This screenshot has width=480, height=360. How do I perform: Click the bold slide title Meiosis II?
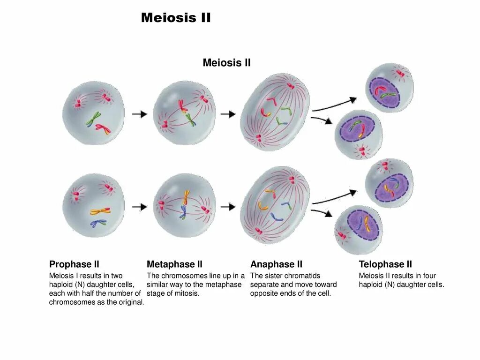pos(176,18)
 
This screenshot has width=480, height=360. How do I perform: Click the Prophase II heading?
pos(74,264)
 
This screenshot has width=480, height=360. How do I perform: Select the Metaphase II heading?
pos(174,264)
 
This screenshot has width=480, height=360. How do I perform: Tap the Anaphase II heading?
pos(276,264)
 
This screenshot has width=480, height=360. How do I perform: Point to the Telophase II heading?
pos(385,264)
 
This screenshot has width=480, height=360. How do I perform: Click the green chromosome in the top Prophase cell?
pos(94,119)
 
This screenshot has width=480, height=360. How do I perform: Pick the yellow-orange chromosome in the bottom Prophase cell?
pos(100,211)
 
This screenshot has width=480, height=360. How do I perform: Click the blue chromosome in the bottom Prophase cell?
pos(98,223)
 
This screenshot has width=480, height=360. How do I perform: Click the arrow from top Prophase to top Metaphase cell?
pos(139,114)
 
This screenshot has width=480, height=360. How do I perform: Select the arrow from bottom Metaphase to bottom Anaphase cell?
pos(228,206)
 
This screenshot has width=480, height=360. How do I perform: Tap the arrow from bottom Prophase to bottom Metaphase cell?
pos(139,206)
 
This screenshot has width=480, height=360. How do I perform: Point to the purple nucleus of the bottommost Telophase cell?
pos(362,225)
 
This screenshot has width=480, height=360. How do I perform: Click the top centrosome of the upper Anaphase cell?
pos(291,86)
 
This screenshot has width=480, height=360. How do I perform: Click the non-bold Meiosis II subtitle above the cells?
pos(226,63)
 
